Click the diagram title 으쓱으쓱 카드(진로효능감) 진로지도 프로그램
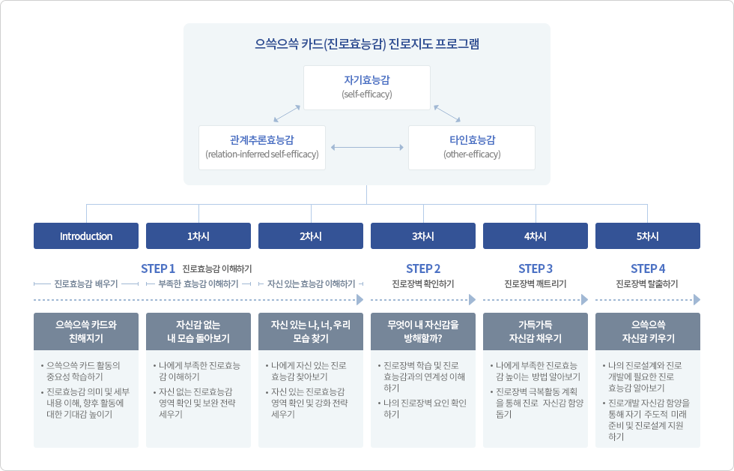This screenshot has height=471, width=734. pyautogui.click(x=366, y=44)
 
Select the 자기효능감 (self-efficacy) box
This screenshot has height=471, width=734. pyautogui.click(x=366, y=87)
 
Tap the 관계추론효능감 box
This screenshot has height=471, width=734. pyautogui.click(x=262, y=147)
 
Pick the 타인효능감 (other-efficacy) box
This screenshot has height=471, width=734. pyautogui.click(x=472, y=147)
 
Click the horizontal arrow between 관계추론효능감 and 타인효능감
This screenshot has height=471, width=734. pyautogui.click(x=367, y=147)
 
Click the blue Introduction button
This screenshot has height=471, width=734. pyautogui.click(x=86, y=236)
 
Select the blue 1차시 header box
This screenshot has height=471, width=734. pyautogui.click(x=198, y=236)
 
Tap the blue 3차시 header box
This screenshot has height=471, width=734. pyautogui.click(x=423, y=236)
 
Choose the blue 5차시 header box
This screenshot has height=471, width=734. pyautogui.click(x=648, y=236)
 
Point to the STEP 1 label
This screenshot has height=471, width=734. pyautogui.click(x=158, y=268)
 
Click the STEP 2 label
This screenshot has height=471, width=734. pyautogui.click(x=423, y=268)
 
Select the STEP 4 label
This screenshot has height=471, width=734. pyautogui.click(x=648, y=268)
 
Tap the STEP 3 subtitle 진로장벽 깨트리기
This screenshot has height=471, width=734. pyautogui.click(x=536, y=284)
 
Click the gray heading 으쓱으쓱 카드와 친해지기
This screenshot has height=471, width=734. pyautogui.click(x=86, y=331)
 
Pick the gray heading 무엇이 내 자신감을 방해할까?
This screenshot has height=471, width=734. pyautogui.click(x=423, y=331)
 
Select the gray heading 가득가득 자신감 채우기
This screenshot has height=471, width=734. pyautogui.click(x=536, y=331)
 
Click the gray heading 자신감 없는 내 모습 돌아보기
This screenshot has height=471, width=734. pyautogui.click(x=198, y=331)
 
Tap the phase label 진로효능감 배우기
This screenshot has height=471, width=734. pyautogui.click(x=86, y=284)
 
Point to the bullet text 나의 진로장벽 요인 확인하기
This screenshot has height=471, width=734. pyautogui.click(x=424, y=408)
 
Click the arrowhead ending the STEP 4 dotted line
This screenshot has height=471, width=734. pyautogui.click(x=697, y=299)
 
